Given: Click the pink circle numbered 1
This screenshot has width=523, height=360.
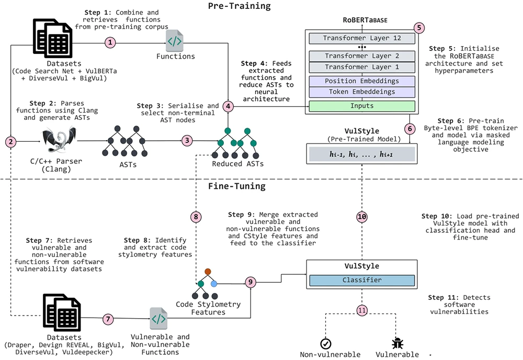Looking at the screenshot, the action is [110, 43].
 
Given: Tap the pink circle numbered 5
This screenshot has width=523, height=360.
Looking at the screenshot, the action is [419, 28].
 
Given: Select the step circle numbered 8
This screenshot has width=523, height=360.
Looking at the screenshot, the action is [196, 217].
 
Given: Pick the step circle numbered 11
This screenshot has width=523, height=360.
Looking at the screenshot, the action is [362, 311].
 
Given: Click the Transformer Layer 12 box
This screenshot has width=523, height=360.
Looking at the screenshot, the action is [362, 38].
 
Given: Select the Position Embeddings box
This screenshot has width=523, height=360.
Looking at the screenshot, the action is [362, 81].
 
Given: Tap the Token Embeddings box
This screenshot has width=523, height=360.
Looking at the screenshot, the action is [362, 92].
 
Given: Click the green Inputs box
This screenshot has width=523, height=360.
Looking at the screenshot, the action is [362, 106].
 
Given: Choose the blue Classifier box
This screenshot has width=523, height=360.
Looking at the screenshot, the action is [362, 280].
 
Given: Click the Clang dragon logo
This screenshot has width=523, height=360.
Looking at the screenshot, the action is [60, 140].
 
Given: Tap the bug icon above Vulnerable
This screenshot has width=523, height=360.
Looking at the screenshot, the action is [397, 343].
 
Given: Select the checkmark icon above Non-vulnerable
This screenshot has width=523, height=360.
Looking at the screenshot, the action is [325, 344].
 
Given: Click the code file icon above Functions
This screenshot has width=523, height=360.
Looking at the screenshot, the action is [175, 41].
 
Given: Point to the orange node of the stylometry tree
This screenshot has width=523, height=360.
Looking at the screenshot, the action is [208, 272].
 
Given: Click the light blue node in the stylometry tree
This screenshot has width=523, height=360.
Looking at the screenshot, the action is [214, 284].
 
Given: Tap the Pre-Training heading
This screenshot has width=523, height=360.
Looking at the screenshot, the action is [240, 6].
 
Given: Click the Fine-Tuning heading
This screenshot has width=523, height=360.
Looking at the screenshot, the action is [237, 186].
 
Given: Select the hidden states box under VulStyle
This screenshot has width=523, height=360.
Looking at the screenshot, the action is [362, 154].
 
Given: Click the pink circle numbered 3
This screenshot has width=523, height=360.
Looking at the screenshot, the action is [187, 140].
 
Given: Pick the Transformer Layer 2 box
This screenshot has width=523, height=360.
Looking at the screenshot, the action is [362, 56].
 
